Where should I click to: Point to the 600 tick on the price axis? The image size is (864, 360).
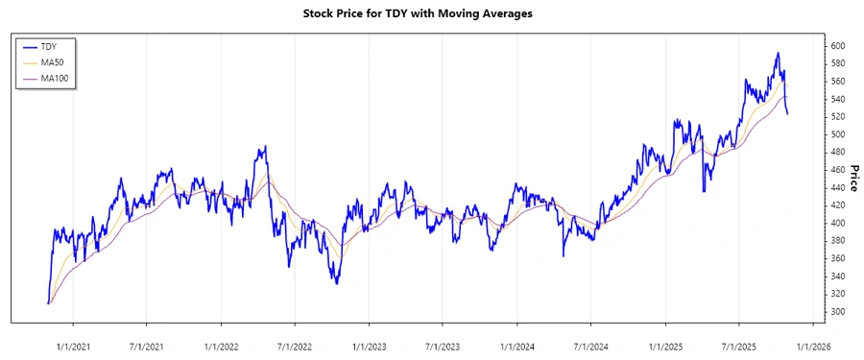tap(838, 46)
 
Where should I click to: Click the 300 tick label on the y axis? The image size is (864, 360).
tap(838, 312)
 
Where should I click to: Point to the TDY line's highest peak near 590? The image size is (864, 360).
tap(778, 53)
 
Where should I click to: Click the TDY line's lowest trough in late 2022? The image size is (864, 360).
tap(337, 283)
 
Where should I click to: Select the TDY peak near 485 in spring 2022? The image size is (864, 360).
tap(264, 147)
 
